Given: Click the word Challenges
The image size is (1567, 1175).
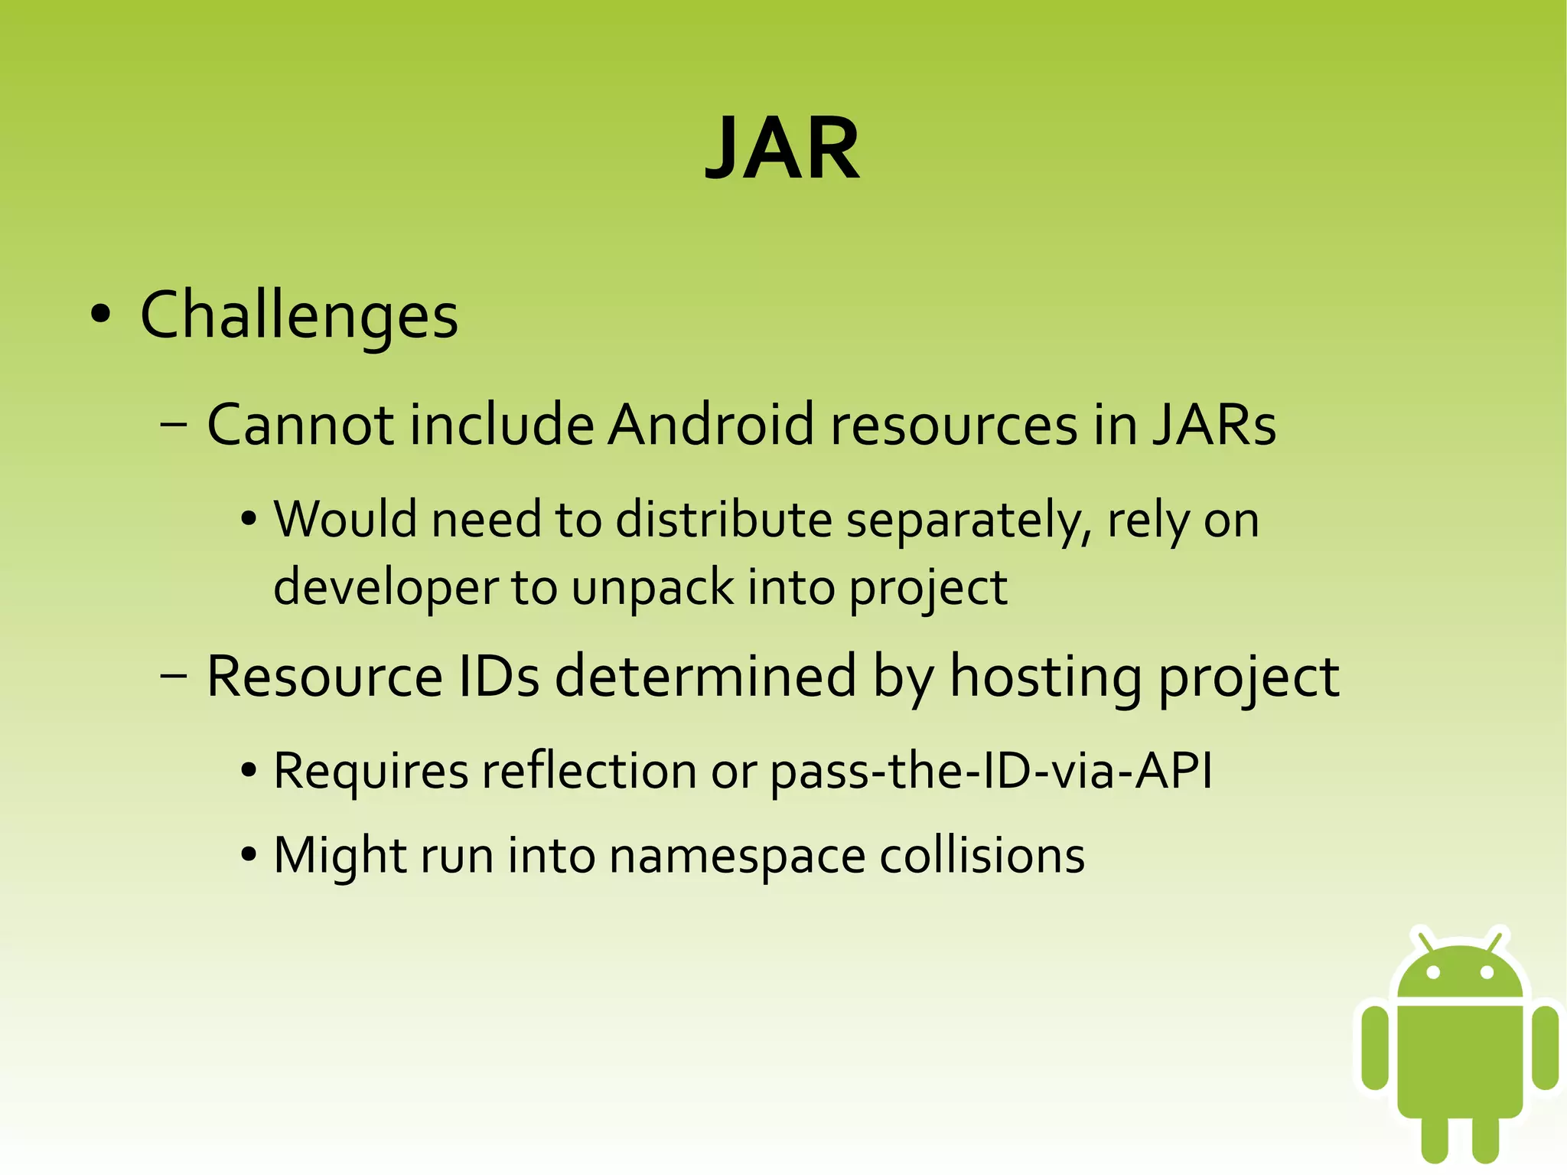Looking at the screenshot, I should pyautogui.click(x=299, y=315).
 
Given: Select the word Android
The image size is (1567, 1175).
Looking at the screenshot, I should pyautogui.click(x=710, y=425).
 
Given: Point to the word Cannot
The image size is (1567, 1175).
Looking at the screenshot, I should pyautogui.click(x=300, y=425).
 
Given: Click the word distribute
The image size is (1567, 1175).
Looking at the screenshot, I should pyautogui.click(x=723, y=521).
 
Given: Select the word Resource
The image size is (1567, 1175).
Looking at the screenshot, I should pyautogui.click(x=324, y=677).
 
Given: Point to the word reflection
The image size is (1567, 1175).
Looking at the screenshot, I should pyautogui.click(x=588, y=771).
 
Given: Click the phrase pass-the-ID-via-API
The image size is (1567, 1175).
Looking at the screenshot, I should pyautogui.click(x=991, y=771).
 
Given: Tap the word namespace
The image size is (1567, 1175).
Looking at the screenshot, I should pyautogui.click(x=738, y=856).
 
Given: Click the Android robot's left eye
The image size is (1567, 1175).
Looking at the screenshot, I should pyautogui.click(x=1433, y=972).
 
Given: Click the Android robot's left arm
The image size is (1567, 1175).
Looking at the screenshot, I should pyautogui.click(x=1375, y=1047).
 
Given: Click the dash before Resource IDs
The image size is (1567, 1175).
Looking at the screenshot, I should pyautogui.click(x=174, y=677).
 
